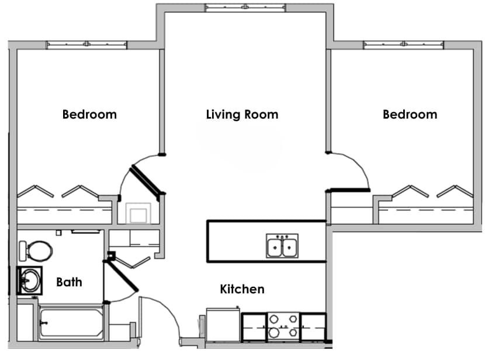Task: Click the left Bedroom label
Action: pyautogui.click(x=89, y=115)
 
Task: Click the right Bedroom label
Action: pyautogui.click(x=410, y=115)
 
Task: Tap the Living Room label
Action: pyautogui.click(x=242, y=115)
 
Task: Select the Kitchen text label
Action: pyautogui.click(x=242, y=289)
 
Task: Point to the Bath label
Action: pyautogui.click(x=69, y=282)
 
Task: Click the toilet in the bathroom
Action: pyautogui.click(x=36, y=251)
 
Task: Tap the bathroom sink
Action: pyautogui.click(x=29, y=281)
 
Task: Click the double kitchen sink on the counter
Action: pyautogui.click(x=282, y=245)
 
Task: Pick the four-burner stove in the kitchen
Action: pyautogui.click(x=283, y=327)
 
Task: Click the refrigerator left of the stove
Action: pyautogui.click(x=223, y=327)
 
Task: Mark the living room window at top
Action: pyautogui.click(x=245, y=8)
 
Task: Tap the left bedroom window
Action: pyautogui.click(x=86, y=44)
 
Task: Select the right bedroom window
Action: pyautogui.click(x=403, y=44)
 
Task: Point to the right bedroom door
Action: pyautogui.click(x=349, y=190)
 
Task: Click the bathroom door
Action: pyautogui.click(x=121, y=275)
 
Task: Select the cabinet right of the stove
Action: pyautogui.click(x=313, y=327)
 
